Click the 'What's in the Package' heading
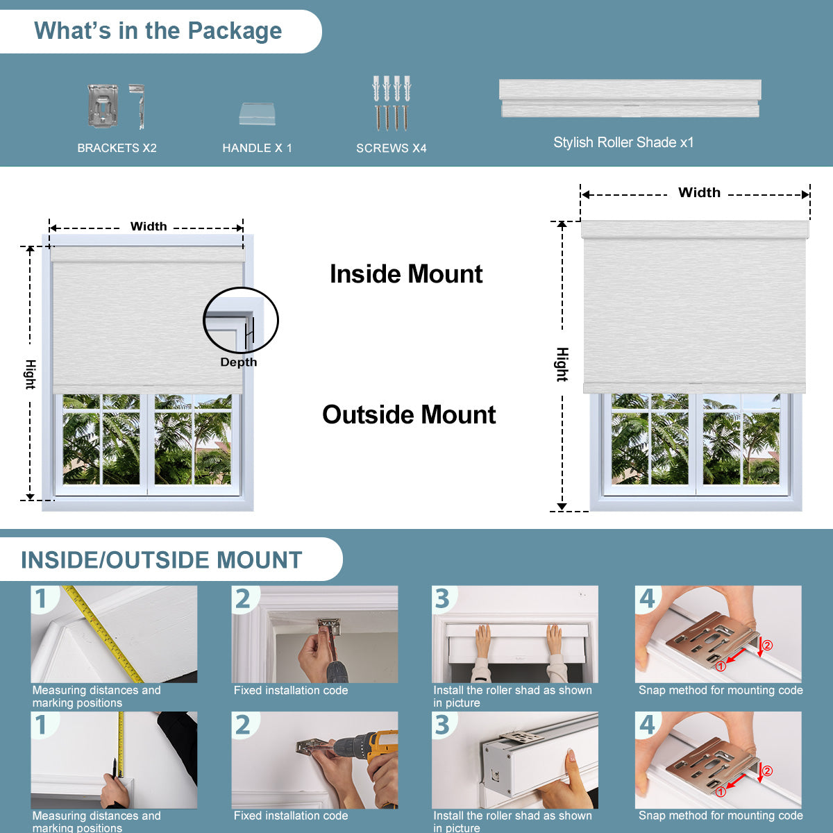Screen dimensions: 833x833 158,31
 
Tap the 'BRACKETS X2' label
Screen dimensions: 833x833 117,148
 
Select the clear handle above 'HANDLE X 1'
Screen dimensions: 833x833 258,114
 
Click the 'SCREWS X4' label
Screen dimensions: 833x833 392,149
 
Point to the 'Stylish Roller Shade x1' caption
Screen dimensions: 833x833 623,142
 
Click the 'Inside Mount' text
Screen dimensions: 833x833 406,274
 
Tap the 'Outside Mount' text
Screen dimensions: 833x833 409,414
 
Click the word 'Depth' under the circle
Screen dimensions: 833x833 239,362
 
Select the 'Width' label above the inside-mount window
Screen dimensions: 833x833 149,226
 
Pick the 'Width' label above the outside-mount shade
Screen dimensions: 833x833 699,192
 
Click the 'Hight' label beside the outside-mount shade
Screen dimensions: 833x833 562,364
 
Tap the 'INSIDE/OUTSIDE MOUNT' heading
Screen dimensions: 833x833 161,559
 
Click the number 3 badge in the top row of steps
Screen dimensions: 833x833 441,598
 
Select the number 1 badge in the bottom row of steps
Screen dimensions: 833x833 41,725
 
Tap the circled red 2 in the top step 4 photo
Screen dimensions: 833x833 767,646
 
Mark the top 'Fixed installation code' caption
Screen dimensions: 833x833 290,690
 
